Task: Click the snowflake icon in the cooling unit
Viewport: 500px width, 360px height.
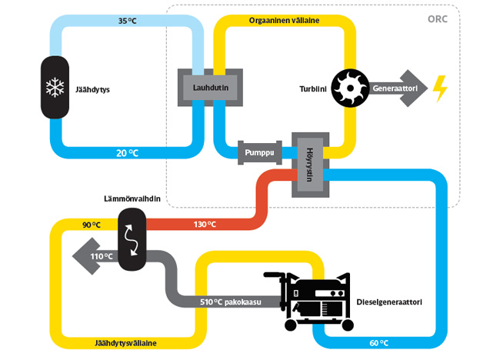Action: click(55, 88)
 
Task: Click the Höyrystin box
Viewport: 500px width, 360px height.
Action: click(308, 163)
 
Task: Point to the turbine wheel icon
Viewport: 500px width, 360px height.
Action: click(351, 89)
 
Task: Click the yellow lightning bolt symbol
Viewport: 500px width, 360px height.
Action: click(439, 88)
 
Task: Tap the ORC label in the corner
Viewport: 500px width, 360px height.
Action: click(446, 19)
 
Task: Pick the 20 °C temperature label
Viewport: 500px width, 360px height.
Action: click(128, 152)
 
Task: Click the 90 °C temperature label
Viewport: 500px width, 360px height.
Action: click(92, 225)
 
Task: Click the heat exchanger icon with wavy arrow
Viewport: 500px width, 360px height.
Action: click(132, 238)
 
